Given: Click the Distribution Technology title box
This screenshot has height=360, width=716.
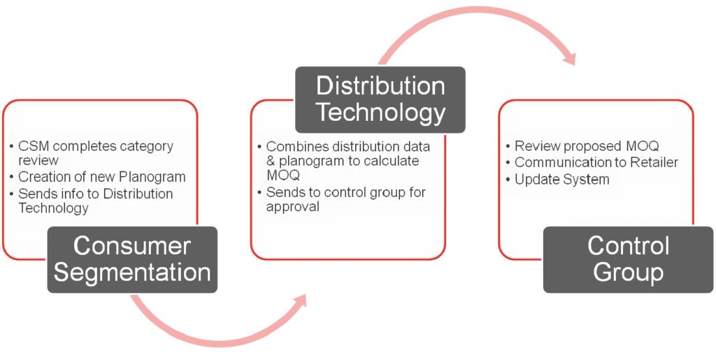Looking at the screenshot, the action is (380, 100).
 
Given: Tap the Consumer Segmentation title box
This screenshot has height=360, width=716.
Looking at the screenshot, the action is (132, 259).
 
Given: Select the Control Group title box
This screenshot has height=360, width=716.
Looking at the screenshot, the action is (628, 259).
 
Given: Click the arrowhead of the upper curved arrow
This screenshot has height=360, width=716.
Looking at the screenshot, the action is (570, 57).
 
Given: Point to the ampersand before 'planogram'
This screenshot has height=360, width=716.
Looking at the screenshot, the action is (271, 161).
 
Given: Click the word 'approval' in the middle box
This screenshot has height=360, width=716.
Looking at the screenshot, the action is (293, 207).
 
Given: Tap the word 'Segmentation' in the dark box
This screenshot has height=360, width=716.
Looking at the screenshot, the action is (132, 273).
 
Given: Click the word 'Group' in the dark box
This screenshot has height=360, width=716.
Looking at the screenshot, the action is (628, 273).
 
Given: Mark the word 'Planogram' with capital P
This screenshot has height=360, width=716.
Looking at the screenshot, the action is (157, 177).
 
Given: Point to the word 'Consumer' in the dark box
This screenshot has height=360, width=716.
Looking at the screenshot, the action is (132, 246).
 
